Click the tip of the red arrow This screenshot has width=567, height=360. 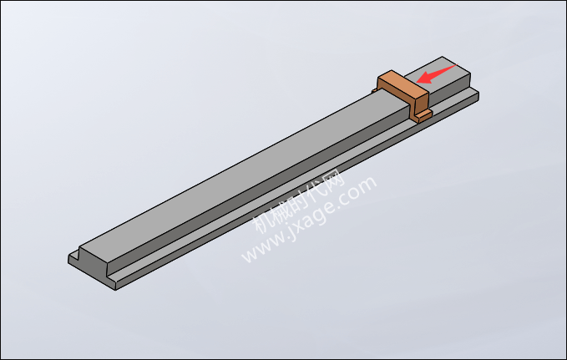[417, 82]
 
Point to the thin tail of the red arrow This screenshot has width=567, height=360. [456, 65]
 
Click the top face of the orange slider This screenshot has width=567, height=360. [403, 84]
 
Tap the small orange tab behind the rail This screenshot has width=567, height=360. [374, 90]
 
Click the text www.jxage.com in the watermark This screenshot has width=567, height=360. [309, 220]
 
